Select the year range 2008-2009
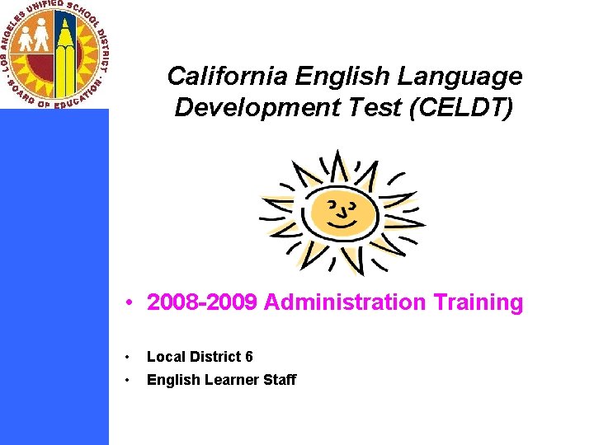pos(203,302)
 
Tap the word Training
pos(475,302)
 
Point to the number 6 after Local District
pos(248,357)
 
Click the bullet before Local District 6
pos(128,358)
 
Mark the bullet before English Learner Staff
pos(128,380)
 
